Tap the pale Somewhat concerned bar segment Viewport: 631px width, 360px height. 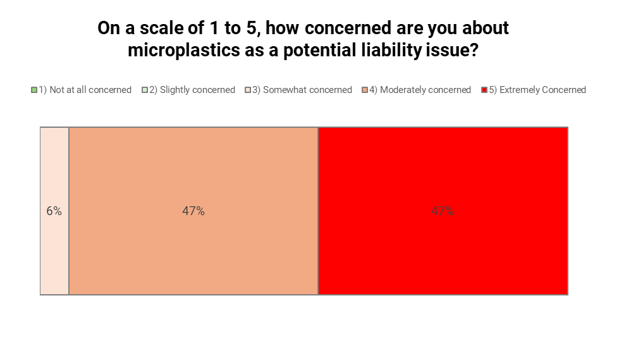pos(54,253)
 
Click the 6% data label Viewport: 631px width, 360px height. pos(54,211)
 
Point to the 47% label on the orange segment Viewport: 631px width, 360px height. pos(193,211)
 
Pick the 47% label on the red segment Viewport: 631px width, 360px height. pos(443,211)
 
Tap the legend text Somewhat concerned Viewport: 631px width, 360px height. pos(302,90)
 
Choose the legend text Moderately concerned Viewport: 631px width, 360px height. pos(420,90)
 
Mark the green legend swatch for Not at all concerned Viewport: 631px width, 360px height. pos(34,90)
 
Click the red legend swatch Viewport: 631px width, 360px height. pos(484,90)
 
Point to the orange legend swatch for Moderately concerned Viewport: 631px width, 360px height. pos(365,90)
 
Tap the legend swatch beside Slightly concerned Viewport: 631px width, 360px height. pos(145,90)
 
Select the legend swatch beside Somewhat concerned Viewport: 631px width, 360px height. pos(248,90)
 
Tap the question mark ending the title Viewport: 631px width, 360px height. pos(473,51)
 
